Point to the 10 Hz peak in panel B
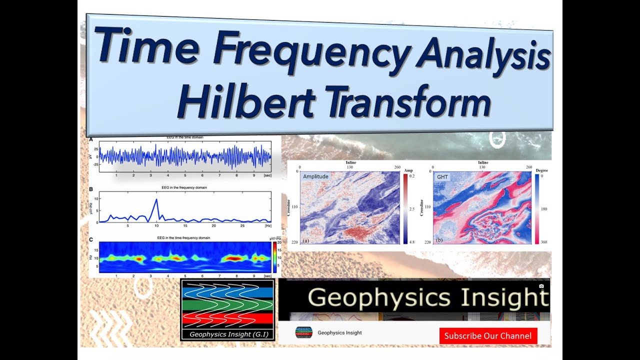coord(156,200)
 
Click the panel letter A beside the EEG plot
coord(91,140)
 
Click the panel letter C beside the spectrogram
coord(91,239)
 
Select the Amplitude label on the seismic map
coord(315,176)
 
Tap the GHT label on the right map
coord(443,176)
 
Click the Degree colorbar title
coord(542,170)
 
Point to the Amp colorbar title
coord(408,170)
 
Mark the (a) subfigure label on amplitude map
coord(305,240)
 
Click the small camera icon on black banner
coord(541,286)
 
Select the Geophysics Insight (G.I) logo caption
coord(227,334)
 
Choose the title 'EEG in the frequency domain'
coord(184,187)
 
